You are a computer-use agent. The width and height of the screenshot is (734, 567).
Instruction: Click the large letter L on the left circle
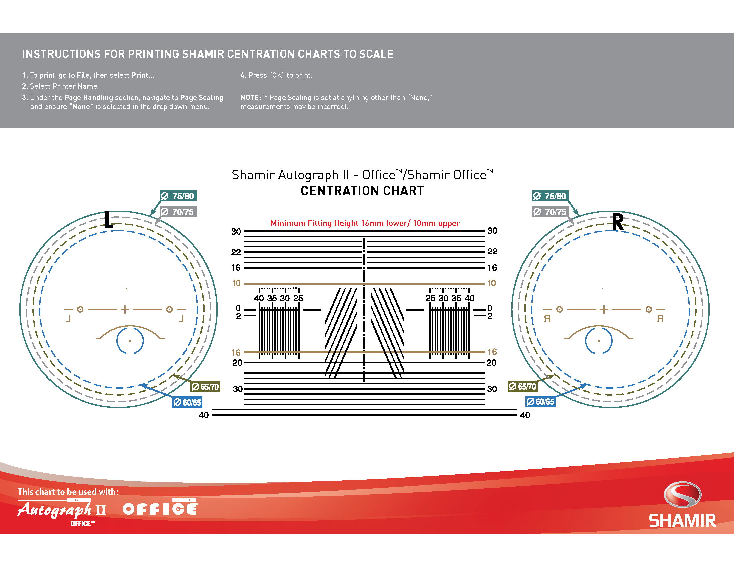point(108,220)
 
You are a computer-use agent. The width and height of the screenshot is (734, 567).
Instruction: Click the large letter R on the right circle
point(617,222)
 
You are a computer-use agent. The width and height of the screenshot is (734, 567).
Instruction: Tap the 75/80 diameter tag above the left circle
point(178,196)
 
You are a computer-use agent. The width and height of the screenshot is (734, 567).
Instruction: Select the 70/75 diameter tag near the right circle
point(550,212)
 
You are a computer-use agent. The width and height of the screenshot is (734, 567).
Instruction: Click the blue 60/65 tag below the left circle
point(187,402)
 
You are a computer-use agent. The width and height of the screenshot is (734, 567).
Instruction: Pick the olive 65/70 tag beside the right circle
point(522,386)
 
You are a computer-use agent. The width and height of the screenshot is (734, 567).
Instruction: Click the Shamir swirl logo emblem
point(682,494)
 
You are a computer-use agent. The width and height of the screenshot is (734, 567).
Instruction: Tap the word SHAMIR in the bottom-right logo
point(682,521)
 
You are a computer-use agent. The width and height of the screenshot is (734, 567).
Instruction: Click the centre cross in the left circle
point(125,309)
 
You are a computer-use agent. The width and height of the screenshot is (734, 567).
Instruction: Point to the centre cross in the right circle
point(604,309)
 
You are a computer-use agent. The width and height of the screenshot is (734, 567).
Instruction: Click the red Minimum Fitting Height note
point(365,223)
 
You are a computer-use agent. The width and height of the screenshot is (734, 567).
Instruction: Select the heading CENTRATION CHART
point(362,191)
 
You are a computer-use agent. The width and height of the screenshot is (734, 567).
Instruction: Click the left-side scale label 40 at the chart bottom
point(204,415)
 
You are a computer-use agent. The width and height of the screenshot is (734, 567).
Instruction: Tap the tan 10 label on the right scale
point(492,283)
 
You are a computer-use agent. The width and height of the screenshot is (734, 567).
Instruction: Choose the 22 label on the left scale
point(236,252)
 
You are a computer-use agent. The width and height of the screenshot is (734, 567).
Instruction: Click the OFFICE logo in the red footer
point(160,507)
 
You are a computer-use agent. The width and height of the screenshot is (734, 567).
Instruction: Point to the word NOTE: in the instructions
point(250,98)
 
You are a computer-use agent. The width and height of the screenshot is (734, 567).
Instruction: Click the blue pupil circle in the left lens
point(130,340)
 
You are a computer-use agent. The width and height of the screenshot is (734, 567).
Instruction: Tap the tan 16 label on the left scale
point(236,352)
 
